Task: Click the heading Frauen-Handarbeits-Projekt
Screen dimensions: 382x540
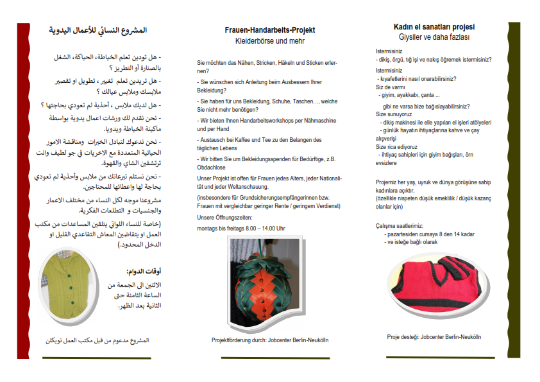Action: pyautogui.click(x=270, y=30)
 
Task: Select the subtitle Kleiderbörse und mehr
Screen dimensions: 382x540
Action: pyautogui.click(x=270, y=40)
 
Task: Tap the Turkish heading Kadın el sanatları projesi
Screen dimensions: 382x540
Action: pyautogui.click(x=434, y=27)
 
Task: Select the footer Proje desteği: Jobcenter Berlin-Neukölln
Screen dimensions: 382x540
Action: pyautogui.click(x=434, y=336)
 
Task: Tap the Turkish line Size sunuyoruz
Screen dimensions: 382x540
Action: pyautogui.click(x=393, y=114)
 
